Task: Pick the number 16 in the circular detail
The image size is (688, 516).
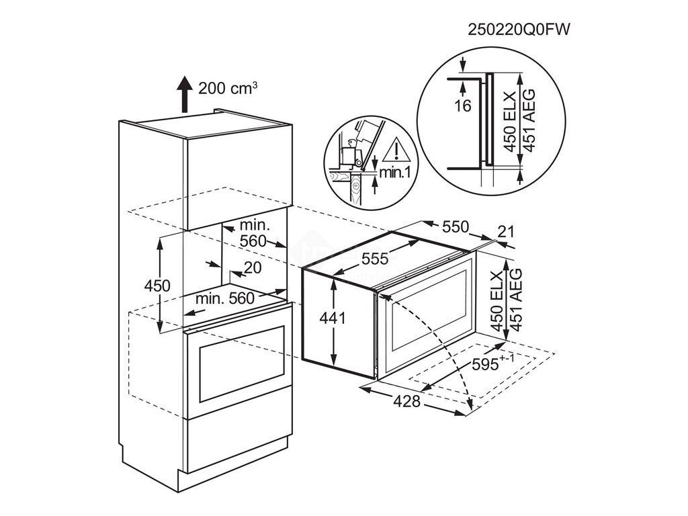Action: pyautogui.click(x=463, y=105)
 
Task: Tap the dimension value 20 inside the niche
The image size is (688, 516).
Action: pyautogui.click(x=253, y=267)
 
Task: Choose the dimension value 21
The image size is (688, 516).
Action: pyautogui.click(x=505, y=232)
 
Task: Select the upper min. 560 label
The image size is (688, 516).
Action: pyautogui.click(x=253, y=232)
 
